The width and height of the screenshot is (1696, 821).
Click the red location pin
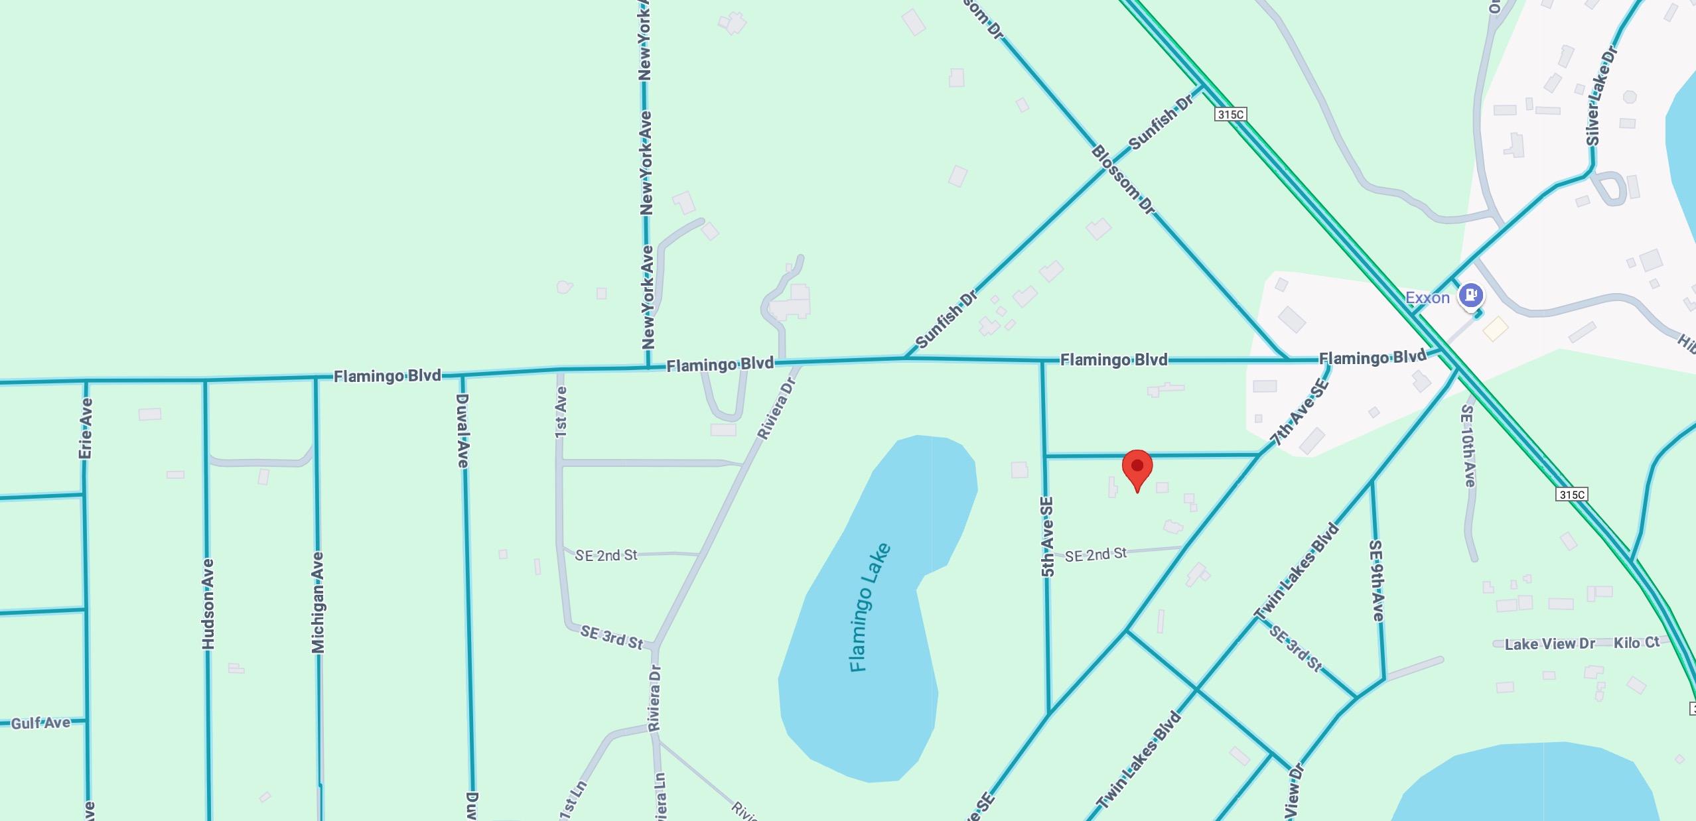click(1137, 468)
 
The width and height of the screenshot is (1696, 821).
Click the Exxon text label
click(1427, 298)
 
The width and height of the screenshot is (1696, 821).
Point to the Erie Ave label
click(86, 428)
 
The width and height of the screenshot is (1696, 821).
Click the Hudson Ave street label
click(208, 603)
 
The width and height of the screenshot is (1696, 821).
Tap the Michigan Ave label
click(318, 602)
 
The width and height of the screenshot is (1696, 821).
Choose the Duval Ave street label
click(462, 430)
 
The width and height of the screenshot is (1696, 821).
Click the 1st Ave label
click(561, 412)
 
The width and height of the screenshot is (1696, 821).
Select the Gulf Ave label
click(40, 722)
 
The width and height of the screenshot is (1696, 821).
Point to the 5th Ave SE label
click(1047, 537)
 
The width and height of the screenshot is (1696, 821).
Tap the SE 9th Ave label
click(1377, 580)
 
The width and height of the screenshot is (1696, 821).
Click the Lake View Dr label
click(1549, 643)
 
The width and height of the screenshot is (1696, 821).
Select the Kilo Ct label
click(1636, 642)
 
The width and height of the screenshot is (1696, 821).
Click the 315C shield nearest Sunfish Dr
click(1230, 114)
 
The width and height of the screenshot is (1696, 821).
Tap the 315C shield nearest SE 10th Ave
click(1571, 494)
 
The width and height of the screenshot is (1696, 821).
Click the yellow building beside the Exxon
click(1495, 328)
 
